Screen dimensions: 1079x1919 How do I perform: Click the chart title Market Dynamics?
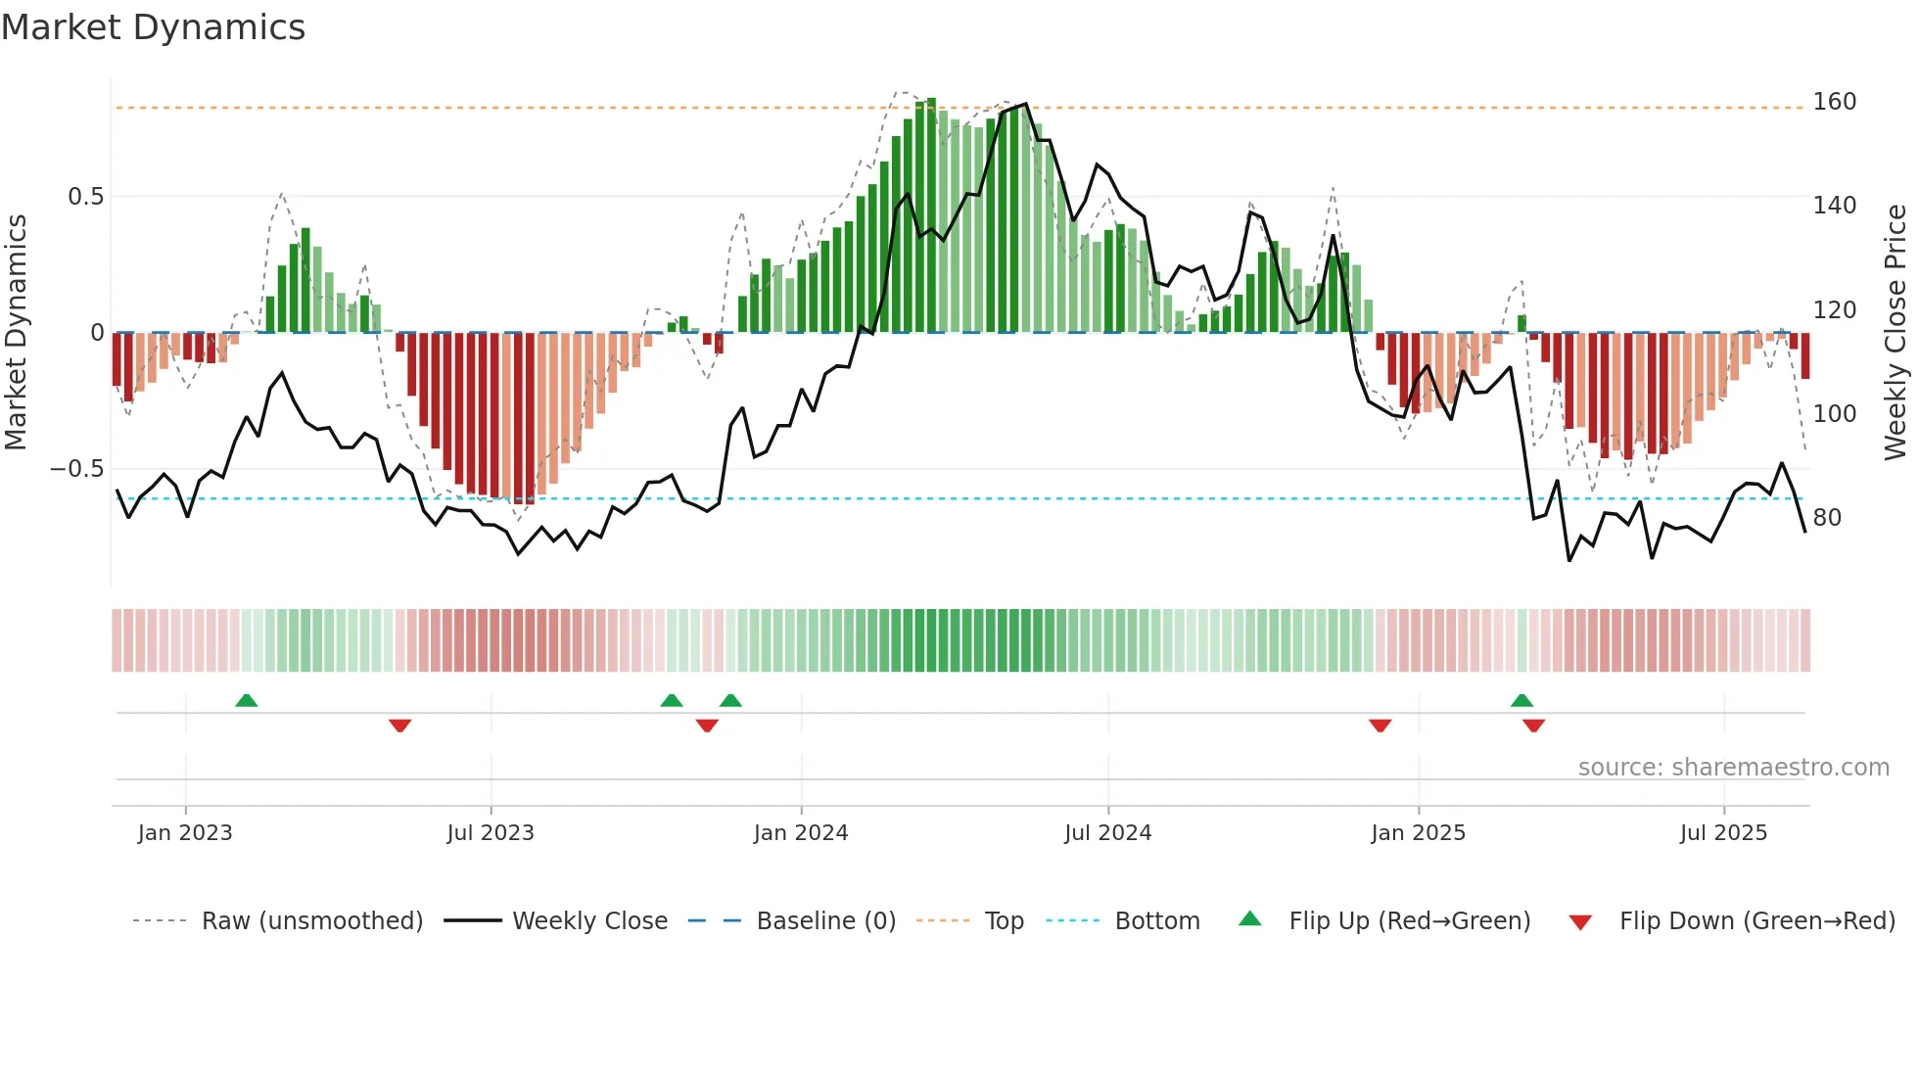(153, 27)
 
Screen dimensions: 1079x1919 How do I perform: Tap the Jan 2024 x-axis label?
(800, 833)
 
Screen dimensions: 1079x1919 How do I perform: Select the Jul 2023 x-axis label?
(490, 833)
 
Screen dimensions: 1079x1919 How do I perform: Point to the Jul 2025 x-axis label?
(1723, 833)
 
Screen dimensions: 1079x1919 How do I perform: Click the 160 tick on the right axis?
(1834, 102)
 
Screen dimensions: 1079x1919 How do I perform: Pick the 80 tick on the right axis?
(1827, 518)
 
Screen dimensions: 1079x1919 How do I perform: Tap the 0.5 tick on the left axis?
(85, 197)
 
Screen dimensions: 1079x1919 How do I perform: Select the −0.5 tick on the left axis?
(77, 469)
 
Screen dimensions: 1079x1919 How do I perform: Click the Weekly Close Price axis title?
(1896, 333)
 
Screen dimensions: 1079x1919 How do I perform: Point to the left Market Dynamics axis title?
(16, 333)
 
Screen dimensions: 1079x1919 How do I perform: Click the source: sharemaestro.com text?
(1733, 768)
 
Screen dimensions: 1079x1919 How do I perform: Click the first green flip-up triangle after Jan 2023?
(247, 700)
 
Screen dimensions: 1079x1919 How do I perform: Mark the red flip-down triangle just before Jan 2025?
(1380, 726)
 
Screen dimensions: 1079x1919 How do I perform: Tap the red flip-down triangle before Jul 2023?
(399, 726)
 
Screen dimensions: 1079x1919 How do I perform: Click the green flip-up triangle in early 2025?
(1521, 700)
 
